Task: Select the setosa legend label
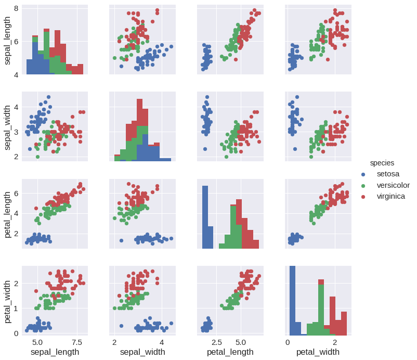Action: (x=388, y=174)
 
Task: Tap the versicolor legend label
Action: (x=393, y=185)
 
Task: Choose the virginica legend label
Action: (x=391, y=196)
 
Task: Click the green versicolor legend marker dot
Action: (x=363, y=186)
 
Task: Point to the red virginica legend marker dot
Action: (x=363, y=197)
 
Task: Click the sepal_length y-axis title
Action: (x=8, y=40)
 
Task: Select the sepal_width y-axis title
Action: (x=8, y=126)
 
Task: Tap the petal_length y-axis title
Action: (x=8, y=214)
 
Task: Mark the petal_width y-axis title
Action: (x=8, y=300)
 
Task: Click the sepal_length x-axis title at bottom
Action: (x=55, y=353)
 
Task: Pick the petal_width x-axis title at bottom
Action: (x=318, y=353)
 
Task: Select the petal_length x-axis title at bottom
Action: (x=230, y=353)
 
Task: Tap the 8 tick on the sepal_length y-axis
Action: (x=17, y=8)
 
